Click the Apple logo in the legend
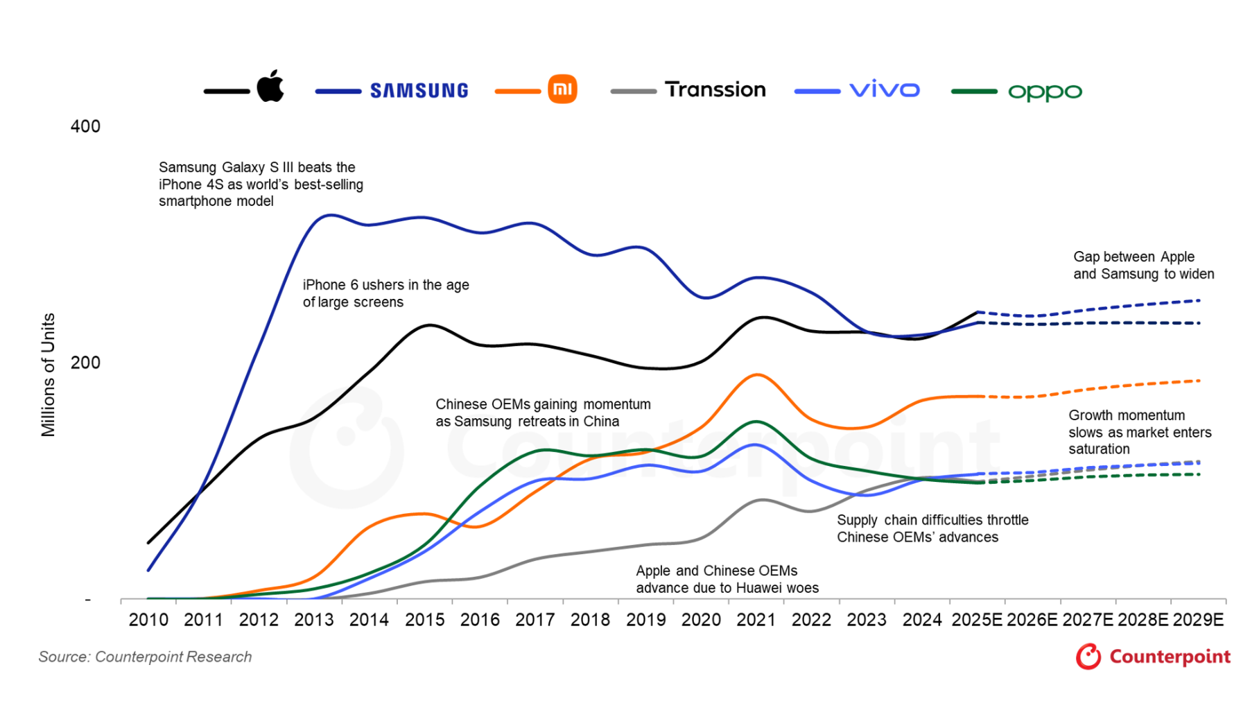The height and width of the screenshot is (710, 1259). pos(270,87)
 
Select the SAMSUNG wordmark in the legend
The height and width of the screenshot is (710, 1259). pos(419,91)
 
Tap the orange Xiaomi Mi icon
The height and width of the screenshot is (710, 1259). pos(562,89)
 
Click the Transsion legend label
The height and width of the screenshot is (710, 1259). pos(715,89)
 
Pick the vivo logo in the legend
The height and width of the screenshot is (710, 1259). pos(885,90)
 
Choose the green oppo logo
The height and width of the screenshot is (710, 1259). pos(1045,92)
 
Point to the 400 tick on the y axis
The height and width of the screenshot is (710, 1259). pos(85,126)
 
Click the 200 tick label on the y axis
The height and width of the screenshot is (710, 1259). pos(85,363)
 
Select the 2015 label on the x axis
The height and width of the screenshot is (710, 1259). pos(424,620)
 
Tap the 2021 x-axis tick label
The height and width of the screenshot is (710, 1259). pos(756,620)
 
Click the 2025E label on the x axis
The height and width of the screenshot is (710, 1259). pos(977,620)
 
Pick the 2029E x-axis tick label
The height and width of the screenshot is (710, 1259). pos(1197,620)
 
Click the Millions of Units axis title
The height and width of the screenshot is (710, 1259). pos(48,374)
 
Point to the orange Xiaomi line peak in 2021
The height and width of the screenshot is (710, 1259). pos(756,375)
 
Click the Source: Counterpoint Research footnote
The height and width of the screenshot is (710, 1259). pos(145,657)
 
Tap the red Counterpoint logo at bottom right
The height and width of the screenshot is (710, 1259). pos(1153,657)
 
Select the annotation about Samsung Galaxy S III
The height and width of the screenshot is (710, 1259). pos(261,184)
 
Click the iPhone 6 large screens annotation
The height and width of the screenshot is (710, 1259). pos(385,293)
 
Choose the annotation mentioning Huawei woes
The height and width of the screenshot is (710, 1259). pos(727,580)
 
